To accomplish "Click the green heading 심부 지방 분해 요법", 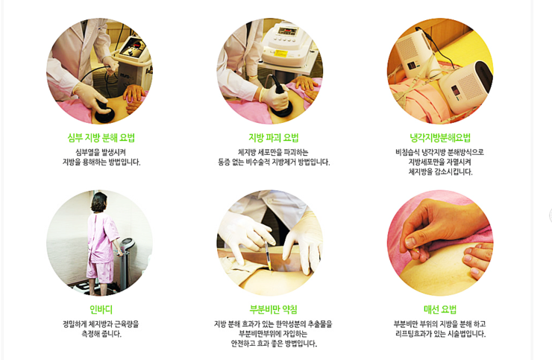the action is tap(101, 138).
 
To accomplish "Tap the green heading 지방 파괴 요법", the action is tap(274, 138).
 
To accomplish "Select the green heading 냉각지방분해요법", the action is tap(440, 138).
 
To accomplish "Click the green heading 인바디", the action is tap(101, 309).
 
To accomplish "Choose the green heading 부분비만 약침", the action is tap(273, 309).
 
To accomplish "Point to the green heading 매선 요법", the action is tap(440, 309).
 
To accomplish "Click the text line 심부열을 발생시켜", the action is tap(101, 152).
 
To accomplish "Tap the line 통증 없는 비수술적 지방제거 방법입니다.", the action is tap(274, 162).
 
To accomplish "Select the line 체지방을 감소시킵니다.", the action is tap(440, 172).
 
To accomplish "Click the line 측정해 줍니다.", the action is tap(101, 334).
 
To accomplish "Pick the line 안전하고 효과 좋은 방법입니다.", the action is tap(274, 344).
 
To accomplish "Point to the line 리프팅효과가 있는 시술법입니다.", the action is tap(440, 334).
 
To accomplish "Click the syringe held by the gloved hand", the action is tap(267, 253).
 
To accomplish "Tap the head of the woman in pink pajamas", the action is tap(99, 203).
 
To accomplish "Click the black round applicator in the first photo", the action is tap(104, 112).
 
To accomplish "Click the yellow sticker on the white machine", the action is tap(280, 54).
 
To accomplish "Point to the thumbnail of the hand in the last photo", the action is tap(410, 242).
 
